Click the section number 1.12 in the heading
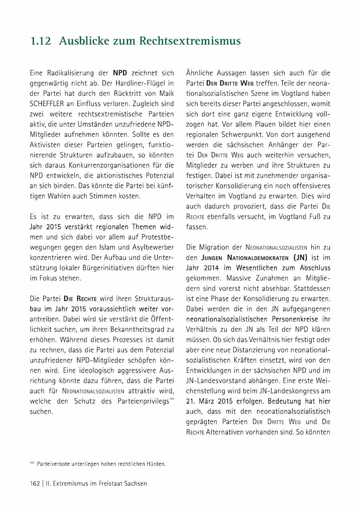41,41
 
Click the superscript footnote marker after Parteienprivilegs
172,399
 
